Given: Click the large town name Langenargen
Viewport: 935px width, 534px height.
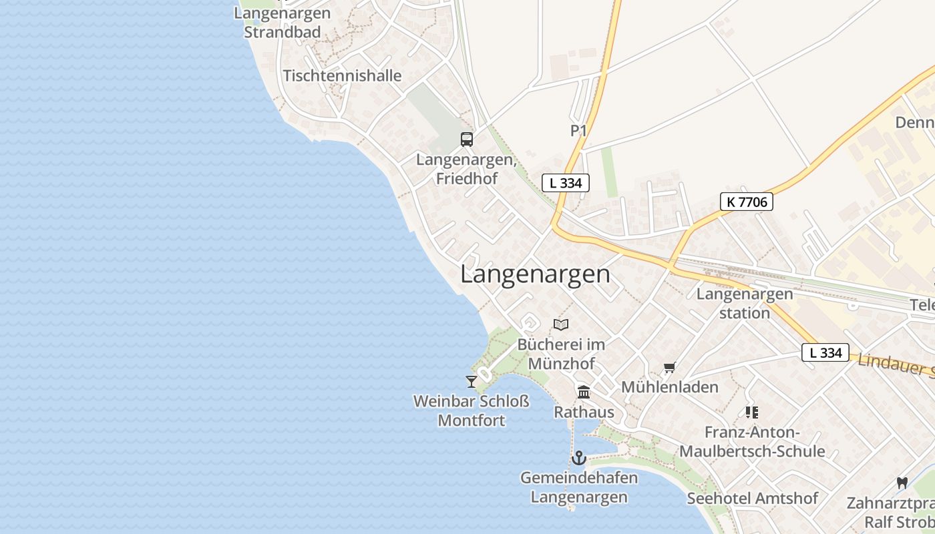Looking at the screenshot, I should tap(535, 274).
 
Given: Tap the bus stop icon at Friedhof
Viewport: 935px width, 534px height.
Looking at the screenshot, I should tap(467, 140).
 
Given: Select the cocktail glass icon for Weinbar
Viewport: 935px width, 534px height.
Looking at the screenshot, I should tap(472, 381).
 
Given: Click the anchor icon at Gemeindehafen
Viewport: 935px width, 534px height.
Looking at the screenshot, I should tap(579, 458).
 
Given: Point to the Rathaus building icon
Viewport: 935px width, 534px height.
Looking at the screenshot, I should tap(584, 392).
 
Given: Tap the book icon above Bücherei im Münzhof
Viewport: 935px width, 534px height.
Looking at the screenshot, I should tap(561, 324).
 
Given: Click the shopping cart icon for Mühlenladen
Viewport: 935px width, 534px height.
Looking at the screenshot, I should tap(669, 368).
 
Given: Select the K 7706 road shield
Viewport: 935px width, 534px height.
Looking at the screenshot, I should tap(746, 202).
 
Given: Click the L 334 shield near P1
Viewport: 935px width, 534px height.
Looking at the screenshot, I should tap(566, 183).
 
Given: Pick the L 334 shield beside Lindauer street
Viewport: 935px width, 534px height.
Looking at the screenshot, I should tap(825, 352).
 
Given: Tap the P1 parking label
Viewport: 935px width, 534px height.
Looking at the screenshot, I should tap(578, 131).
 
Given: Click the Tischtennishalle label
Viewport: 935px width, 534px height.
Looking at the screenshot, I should tap(342, 75).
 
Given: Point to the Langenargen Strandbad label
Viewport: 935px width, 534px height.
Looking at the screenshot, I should tap(283, 23).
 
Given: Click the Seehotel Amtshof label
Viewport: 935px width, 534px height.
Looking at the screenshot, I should tap(753, 498).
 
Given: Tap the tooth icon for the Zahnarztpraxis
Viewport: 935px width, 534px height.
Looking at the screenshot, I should tap(902, 483).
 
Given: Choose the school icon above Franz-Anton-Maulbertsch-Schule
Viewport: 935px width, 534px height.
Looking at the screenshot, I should tap(752, 413).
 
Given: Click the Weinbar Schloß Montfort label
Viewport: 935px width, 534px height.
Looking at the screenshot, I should tap(472, 411).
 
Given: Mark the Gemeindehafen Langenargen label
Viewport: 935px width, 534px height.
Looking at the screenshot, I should tap(579, 487).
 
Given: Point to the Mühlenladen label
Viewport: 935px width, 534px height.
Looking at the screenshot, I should tap(670, 387).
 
